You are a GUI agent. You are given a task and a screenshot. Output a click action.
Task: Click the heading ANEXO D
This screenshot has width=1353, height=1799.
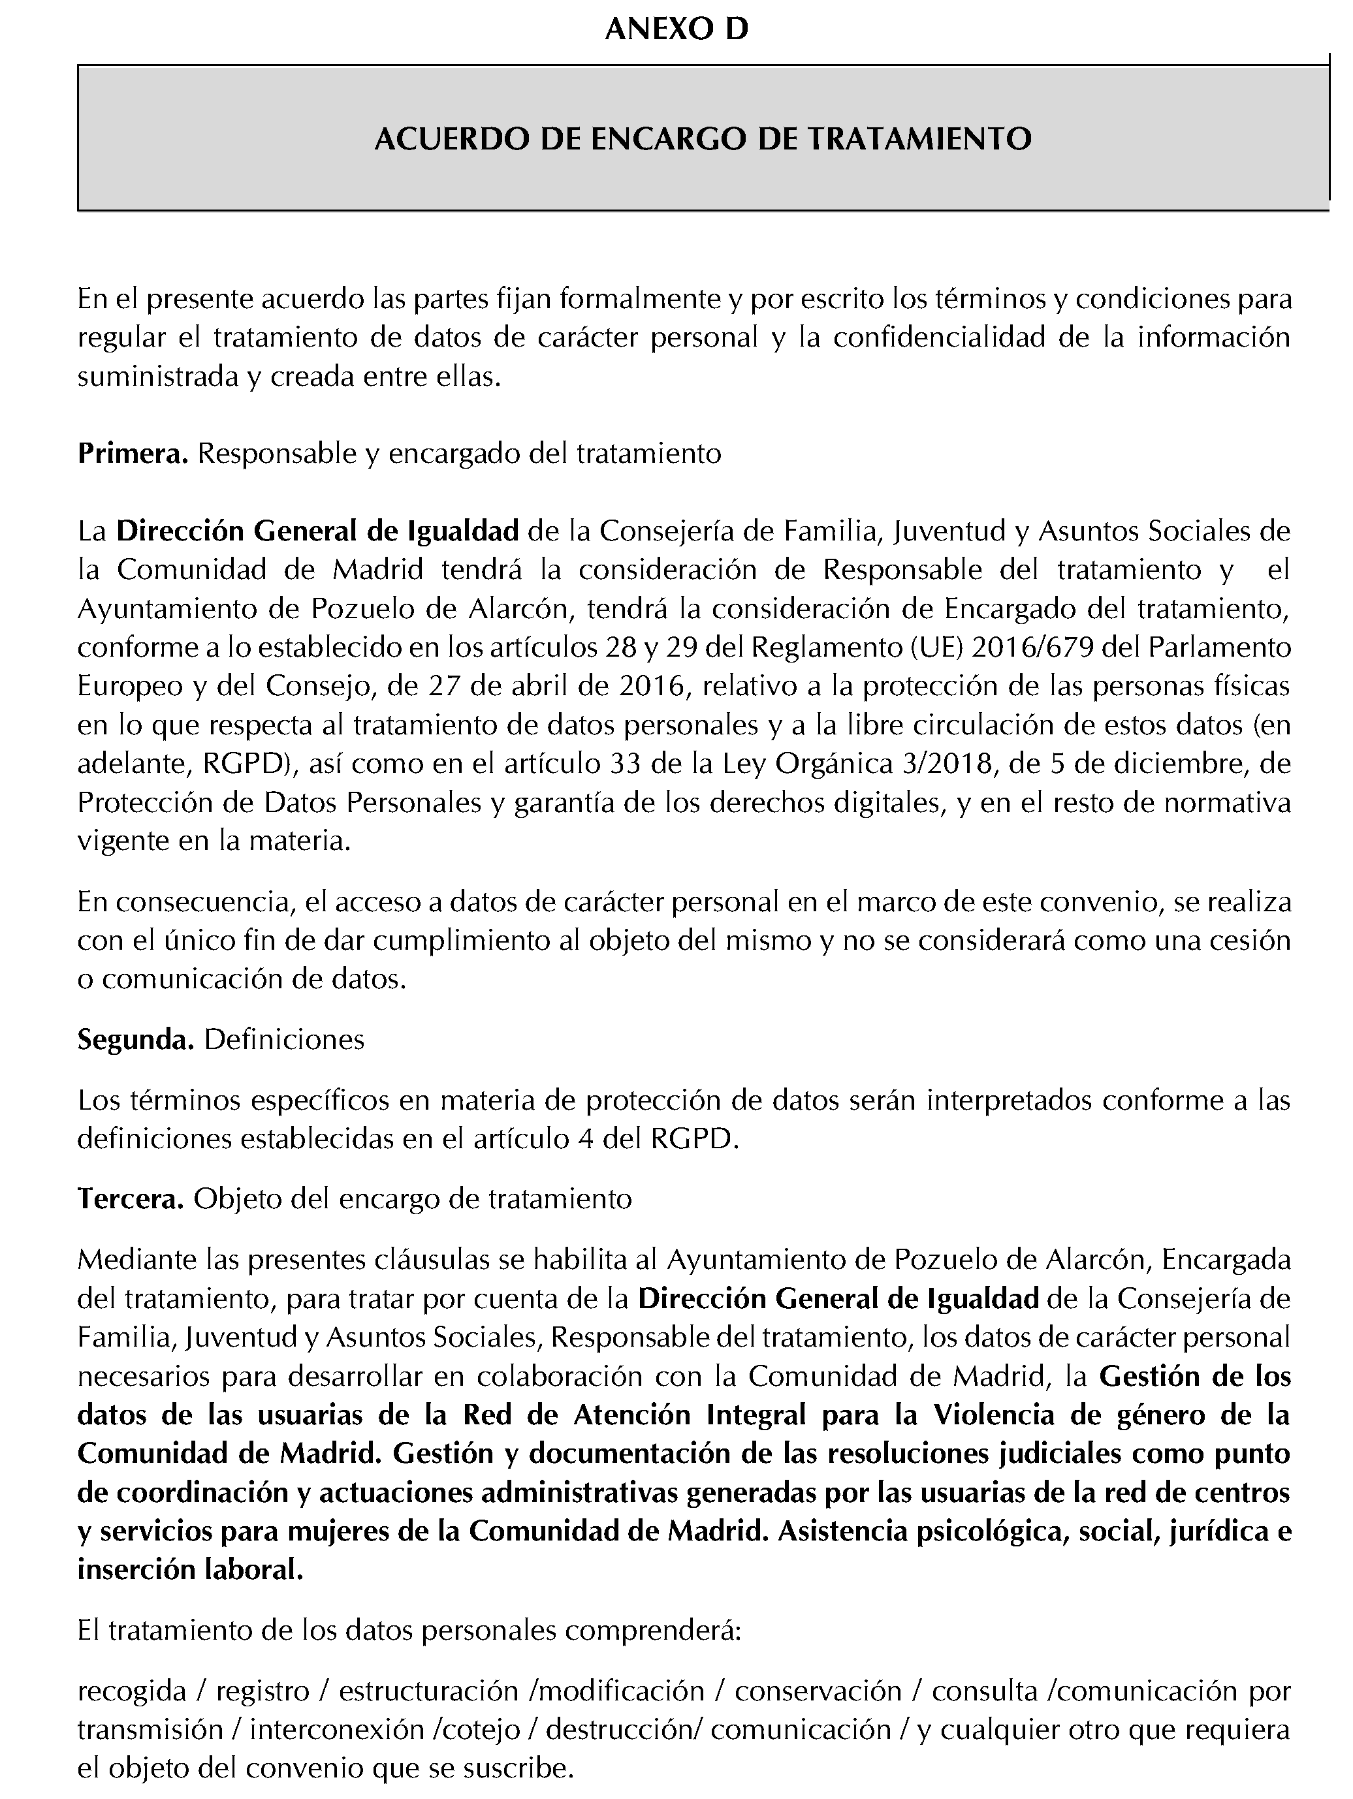tap(676, 30)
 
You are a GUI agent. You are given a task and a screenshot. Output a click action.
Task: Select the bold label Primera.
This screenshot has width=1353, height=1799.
tap(133, 454)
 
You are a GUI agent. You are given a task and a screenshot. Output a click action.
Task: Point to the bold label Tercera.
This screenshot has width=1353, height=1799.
tap(130, 1199)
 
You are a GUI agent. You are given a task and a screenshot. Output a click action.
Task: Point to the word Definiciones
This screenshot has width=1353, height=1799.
tap(284, 1039)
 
